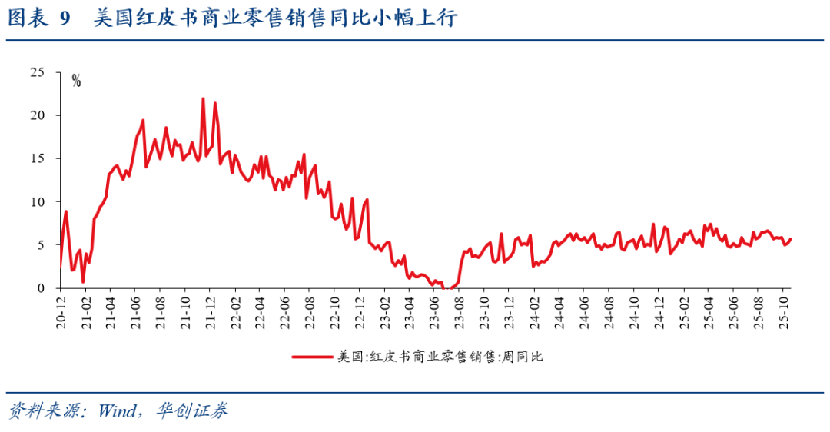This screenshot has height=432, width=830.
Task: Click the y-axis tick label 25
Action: click(x=37, y=72)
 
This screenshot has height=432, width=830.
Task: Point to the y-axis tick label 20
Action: click(x=37, y=115)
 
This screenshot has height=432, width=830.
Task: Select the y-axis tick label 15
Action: click(x=37, y=158)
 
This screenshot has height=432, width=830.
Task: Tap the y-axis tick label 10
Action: click(x=37, y=201)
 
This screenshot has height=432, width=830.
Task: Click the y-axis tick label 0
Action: click(x=41, y=288)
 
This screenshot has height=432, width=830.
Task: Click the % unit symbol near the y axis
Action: click(x=76, y=81)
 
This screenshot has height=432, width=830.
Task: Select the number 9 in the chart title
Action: click(x=65, y=18)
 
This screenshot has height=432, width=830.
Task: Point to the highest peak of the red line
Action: click(x=203, y=98)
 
